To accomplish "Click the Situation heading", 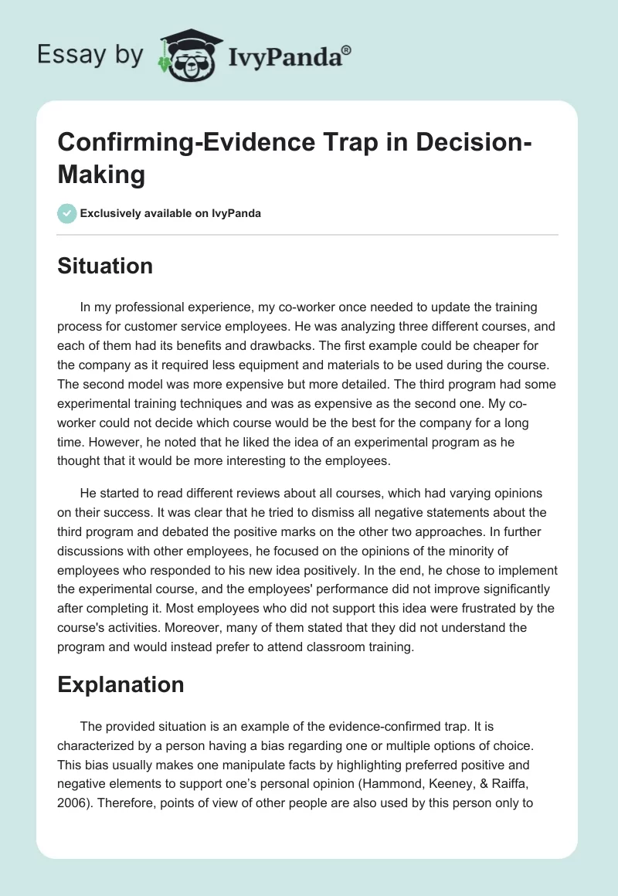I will [x=105, y=266].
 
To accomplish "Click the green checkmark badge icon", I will [x=67, y=213].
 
